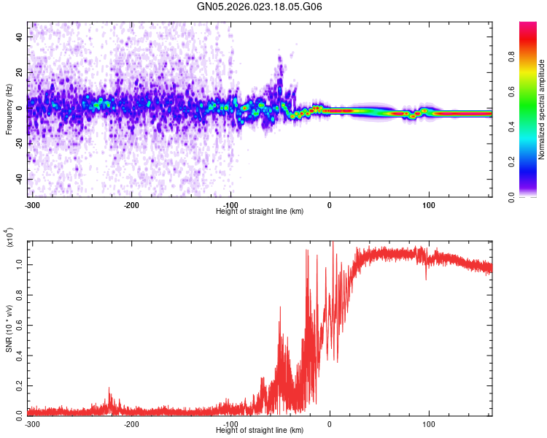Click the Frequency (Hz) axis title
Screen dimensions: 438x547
pos(9,109)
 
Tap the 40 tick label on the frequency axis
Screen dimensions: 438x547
pos(20,35)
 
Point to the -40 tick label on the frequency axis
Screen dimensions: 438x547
pos(18,179)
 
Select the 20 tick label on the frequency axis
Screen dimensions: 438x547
pos(20,72)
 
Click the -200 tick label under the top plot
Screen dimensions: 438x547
pos(131,204)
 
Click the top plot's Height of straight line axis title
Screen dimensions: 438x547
pos(260,211)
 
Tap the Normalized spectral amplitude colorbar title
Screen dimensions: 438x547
pos(542,109)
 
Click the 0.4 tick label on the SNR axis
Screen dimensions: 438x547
pos(19,356)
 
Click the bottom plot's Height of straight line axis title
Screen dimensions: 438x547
pos(260,431)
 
